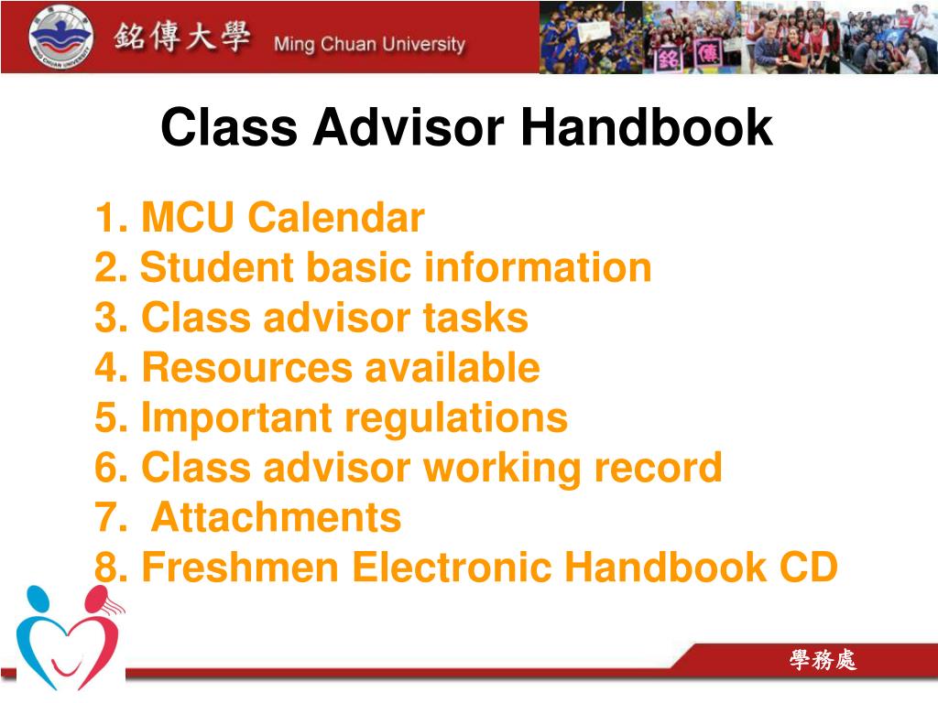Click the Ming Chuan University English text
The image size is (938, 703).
coord(369,44)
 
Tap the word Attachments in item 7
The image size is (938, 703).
coord(276,517)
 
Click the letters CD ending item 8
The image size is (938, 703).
coord(808,568)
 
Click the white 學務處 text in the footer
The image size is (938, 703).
coord(823,660)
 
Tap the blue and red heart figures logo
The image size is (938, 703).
coord(69,636)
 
